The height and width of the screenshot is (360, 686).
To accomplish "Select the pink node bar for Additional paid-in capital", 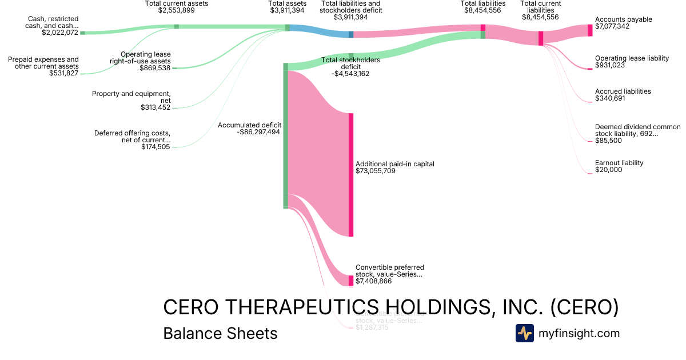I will coord(351,175).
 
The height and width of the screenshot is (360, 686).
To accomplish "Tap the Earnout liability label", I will coord(619,163).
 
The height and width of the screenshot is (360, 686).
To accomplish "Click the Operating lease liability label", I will coord(632,58).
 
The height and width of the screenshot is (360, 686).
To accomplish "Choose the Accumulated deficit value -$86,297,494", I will coord(259,132).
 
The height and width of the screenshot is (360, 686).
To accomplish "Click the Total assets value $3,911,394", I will coord(288,10).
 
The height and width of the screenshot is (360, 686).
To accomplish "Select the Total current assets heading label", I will coord(177,3).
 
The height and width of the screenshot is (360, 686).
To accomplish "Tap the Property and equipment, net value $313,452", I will coord(155,107).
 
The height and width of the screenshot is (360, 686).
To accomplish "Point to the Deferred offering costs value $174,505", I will coord(155,147).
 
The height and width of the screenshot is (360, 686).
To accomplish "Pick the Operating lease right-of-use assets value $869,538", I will coord(155,68).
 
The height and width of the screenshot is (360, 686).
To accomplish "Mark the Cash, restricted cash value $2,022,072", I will coord(60,33).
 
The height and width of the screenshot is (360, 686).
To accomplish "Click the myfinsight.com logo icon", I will coord(524,333).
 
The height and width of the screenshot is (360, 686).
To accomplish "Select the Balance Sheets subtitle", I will coord(220,333).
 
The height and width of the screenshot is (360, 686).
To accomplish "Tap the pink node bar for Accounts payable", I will coord(590,30).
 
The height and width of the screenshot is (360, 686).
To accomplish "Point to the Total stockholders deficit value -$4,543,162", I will coord(351,73).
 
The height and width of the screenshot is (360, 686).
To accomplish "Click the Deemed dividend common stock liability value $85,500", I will coord(608,141).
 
